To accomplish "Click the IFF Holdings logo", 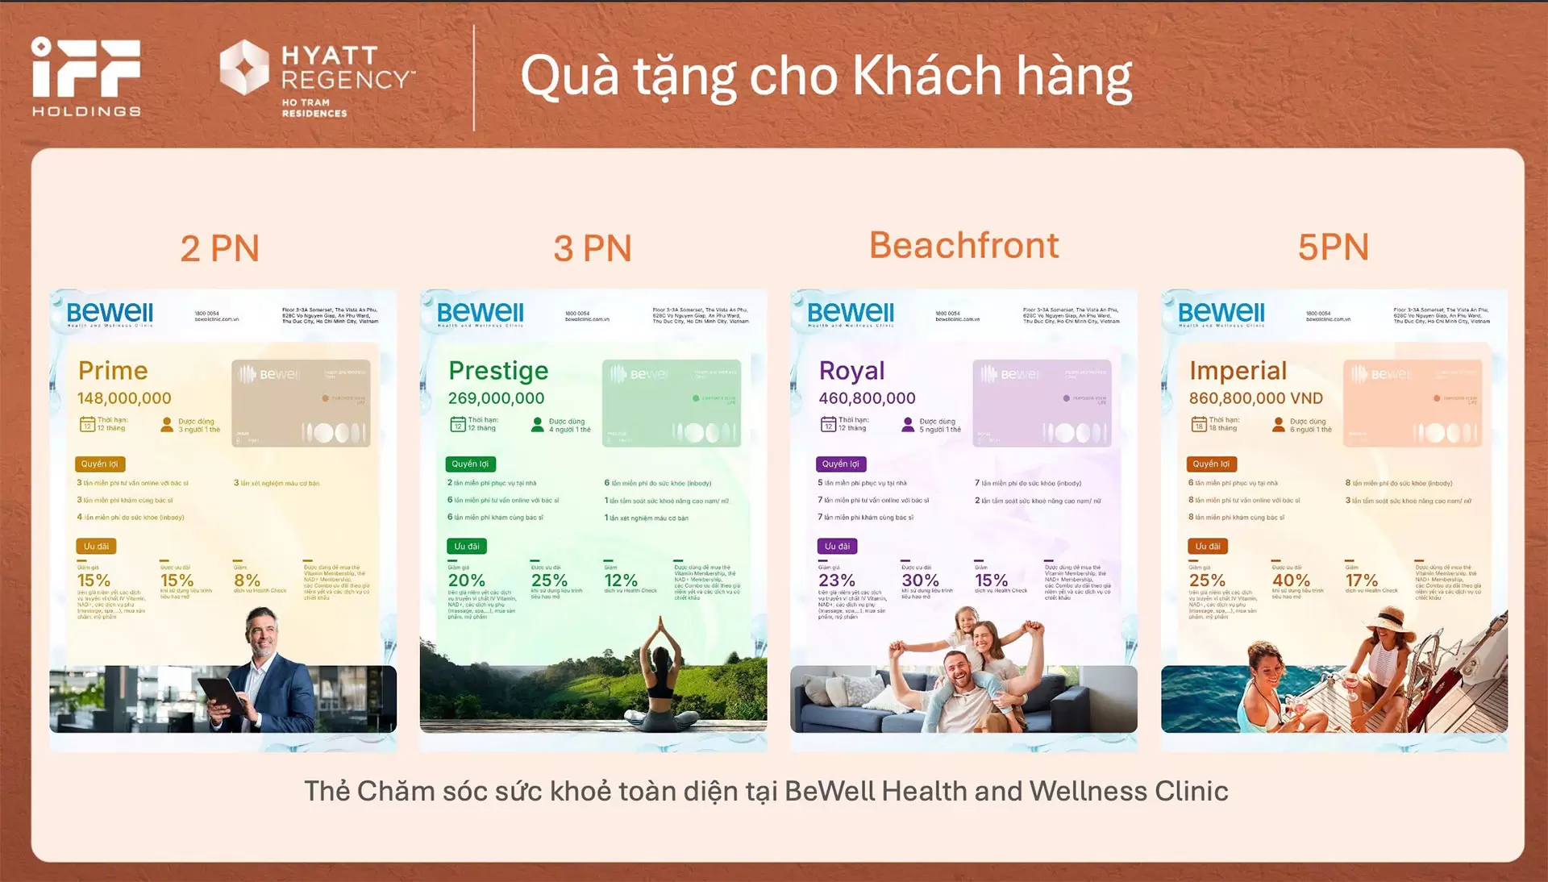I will (86, 77).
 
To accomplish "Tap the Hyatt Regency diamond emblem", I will (244, 67).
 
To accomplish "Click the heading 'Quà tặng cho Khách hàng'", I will (826, 77).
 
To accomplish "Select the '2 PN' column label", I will (219, 248).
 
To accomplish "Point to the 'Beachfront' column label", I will (963, 245).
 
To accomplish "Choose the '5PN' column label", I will (1333, 247).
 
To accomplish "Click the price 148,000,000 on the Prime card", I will (124, 398).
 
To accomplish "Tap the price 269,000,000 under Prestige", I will (496, 398).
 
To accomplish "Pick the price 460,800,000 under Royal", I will (867, 398).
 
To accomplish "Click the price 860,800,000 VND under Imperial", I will (1255, 398).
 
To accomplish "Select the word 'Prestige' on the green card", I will (498, 371).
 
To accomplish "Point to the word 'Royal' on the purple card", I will (851, 371).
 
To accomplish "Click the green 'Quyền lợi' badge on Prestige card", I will (470, 464).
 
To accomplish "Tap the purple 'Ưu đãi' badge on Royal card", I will (838, 547).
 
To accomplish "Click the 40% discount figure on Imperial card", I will (1291, 580).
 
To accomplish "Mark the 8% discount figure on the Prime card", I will (247, 580).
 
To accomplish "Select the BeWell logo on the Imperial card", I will (1221, 313).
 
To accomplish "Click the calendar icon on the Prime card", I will (87, 425).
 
